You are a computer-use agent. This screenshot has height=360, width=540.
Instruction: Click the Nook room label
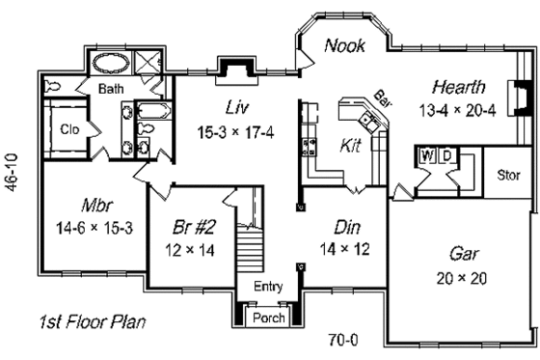344,45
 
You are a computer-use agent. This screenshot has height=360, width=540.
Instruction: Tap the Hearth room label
458,86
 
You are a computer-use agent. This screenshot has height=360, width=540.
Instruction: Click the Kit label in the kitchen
352,146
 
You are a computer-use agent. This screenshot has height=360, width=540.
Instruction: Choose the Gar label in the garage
465,254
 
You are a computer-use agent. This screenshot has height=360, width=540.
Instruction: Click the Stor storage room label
507,176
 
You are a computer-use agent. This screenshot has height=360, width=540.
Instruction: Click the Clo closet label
69,128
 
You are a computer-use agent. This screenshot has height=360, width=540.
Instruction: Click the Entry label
268,287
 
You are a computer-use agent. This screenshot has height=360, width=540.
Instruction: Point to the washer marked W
427,154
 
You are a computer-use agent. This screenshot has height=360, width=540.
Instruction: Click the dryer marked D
447,154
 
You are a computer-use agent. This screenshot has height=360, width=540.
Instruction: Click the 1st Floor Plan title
93,320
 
